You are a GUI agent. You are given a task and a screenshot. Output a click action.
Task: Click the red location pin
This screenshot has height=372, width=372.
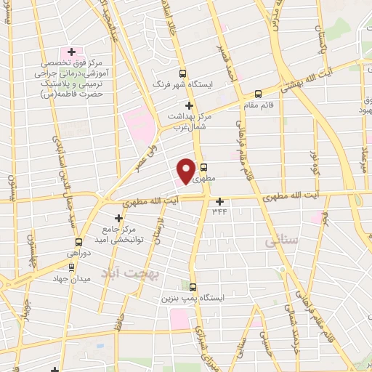[x=186, y=171]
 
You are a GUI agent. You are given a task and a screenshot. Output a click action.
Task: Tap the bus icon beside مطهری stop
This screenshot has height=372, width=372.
[x=203, y=166]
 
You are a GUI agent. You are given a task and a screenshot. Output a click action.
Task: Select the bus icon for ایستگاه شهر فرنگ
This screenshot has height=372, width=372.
[x=182, y=73]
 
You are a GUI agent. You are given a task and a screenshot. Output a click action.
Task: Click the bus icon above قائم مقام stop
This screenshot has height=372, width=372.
[x=258, y=93]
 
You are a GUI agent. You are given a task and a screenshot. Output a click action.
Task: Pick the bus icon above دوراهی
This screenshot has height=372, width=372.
[x=78, y=241]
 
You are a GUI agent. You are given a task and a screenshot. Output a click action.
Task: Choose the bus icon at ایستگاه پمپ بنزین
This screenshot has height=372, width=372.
[x=193, y=287]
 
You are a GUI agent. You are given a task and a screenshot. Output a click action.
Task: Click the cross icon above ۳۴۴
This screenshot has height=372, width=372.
[x=220, y=201]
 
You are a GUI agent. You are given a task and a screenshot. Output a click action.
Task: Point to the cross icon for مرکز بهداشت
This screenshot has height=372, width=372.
[x=189, y=105]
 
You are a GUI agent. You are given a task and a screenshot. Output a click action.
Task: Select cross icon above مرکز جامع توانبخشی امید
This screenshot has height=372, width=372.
[x=119, y=217]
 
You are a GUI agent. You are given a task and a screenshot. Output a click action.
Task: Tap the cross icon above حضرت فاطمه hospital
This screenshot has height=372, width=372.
[x=71, y=52]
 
